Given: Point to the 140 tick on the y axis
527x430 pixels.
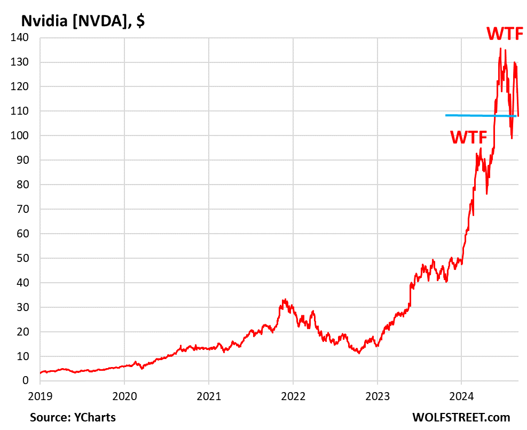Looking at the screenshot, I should [22, 38].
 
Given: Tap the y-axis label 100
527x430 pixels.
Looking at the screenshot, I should [22, 136].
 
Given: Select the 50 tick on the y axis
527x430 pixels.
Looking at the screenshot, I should [25, 258].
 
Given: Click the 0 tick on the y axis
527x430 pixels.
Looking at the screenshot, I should [28, 380].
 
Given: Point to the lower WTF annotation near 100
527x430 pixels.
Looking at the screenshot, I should [469, 137].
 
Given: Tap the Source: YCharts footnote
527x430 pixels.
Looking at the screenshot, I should [73, 417].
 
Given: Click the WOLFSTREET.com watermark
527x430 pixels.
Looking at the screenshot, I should [461, 417].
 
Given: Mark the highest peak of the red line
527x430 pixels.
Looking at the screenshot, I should [500, 49].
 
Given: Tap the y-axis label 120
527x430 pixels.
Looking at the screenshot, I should [22, 86].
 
